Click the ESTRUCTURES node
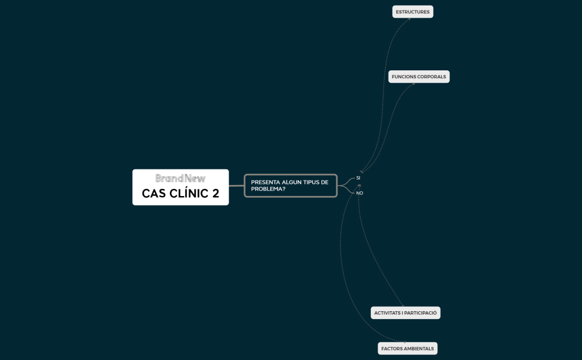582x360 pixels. click(x=412, y=12)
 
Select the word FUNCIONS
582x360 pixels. click(x=404, y=77)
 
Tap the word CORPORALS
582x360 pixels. click(x=431, y=77)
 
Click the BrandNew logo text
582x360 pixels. click(x=180, y=178)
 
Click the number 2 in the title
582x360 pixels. click(x=216, y=193)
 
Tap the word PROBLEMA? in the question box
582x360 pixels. click(x=268, y=189)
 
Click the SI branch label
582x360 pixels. click(x=358, y=178)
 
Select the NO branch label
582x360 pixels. click(x=359, y=193)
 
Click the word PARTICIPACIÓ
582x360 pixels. click(x=421, y=313)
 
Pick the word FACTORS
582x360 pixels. click(x=391, y=348)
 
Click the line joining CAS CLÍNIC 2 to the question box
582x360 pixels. click(x=237, y=186)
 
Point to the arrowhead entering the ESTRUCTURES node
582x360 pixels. click(x=410, y=19)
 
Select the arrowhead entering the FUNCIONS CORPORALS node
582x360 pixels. click(x=413, y=84)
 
